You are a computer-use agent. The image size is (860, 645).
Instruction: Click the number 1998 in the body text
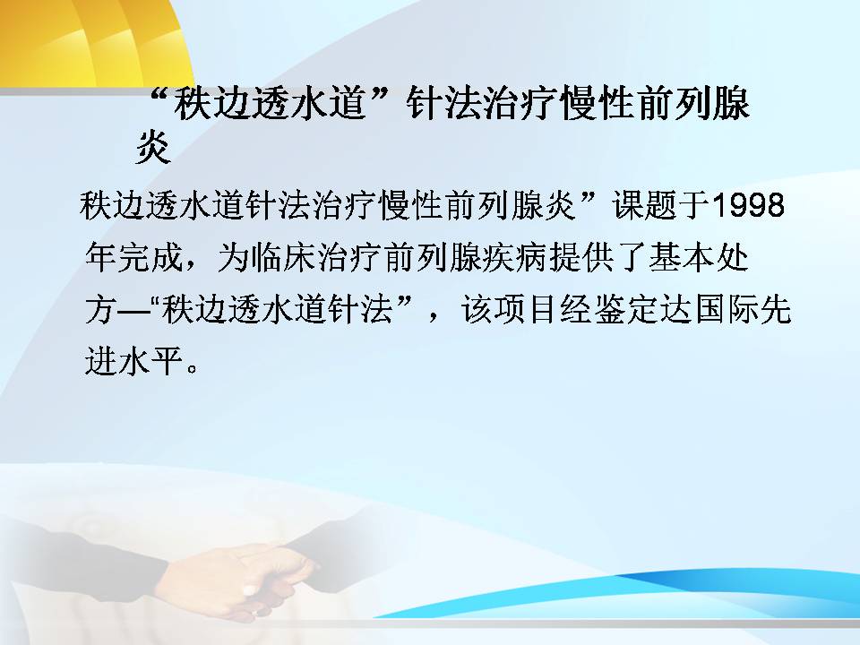click(x=747, y=205)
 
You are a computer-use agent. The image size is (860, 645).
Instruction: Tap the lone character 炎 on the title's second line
click(x=153, y=147)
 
